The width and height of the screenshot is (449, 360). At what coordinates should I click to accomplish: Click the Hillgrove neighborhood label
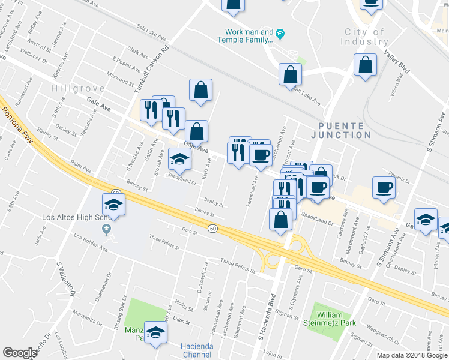(x=79, y=88)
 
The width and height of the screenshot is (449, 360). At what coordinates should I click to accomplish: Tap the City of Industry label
(x=364, y=37)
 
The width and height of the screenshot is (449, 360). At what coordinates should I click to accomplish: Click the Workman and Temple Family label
(x=249, y=36)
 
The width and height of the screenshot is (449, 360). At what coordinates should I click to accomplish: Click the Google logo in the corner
(x=20, y=353)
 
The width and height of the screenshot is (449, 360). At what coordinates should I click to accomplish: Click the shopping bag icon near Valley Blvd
(x=364, y=66)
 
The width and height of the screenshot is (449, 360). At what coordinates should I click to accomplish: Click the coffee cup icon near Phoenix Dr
(x=384, y=188)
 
